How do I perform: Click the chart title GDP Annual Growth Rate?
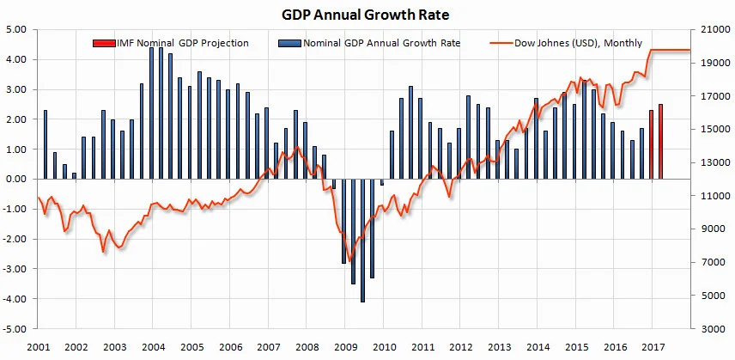(367, 14)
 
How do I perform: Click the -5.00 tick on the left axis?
(16, 329)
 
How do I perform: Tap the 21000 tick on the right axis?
(710, 29)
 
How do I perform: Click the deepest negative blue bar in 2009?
(362, 240)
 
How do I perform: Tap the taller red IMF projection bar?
(660, 142)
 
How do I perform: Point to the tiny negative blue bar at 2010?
(381, 182)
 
